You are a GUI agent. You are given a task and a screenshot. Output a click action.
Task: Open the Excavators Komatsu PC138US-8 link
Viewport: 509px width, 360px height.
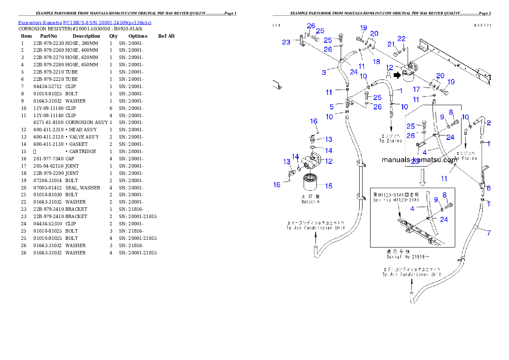[x=84, y=22]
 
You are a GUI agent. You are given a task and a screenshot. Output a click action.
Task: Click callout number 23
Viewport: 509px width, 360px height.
[x=286, y=42]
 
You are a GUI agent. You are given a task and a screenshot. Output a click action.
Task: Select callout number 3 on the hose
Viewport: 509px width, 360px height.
[x=324, y=72]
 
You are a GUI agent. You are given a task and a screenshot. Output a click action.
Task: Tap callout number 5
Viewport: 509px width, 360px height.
[x=331, y=106]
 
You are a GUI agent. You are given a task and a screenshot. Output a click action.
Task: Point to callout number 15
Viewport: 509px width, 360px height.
[x=328, y=186]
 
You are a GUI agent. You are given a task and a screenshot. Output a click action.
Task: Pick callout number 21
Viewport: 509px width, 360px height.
[x=391, y=44]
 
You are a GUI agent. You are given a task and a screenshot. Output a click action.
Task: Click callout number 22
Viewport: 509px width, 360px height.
[x=401, y=39]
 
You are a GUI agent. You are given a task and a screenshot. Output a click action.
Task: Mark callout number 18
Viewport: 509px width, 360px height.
[x=376, y=62]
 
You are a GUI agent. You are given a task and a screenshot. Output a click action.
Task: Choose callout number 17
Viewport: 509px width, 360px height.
[x=417, y=89]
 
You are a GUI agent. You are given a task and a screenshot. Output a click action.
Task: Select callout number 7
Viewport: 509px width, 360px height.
[x=488, y=233]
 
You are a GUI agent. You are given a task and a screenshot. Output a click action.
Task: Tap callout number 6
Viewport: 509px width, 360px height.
[x=488, y=188]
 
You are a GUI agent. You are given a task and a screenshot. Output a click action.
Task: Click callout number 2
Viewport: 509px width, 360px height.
[x=488, y=123]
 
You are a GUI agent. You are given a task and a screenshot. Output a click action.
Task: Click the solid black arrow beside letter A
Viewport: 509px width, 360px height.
[x=397, y=76]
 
